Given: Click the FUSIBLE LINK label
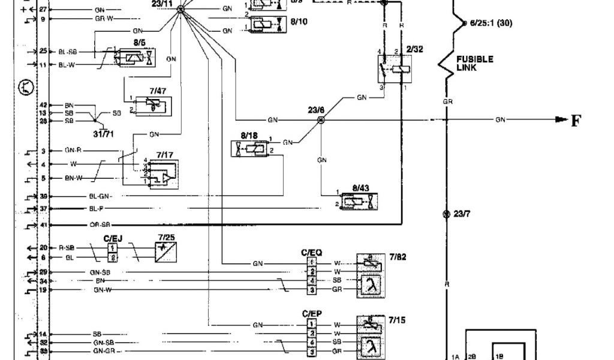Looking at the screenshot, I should coord(474,63).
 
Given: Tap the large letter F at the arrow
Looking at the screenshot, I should coord(576,121).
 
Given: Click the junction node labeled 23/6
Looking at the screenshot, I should coord(321,120).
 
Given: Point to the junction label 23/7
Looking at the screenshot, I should coord(460,214).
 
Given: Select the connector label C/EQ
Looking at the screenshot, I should coord(312,253).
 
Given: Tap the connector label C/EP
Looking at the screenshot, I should coord(312,313).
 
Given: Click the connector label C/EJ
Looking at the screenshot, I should coord(112,238).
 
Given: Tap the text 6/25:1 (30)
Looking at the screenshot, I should coord(491,23).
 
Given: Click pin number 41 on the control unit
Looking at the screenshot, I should coord(43,224).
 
